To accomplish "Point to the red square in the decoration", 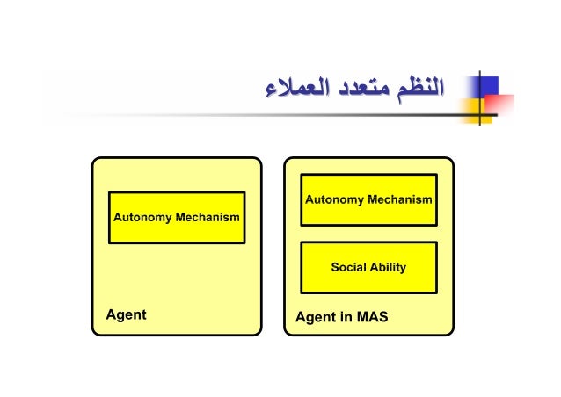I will point(500,106).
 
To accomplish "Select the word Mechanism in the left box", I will point(208,216).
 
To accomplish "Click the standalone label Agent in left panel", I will point(126,314).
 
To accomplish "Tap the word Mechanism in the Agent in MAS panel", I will point(400,199).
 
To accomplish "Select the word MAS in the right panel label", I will point(371,317).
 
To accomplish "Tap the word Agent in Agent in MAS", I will point(316,317).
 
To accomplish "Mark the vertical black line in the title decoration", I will point(480,97).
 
